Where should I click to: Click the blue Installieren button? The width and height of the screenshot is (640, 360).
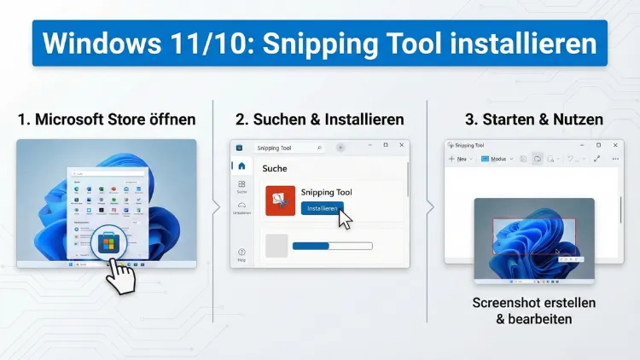coord(321,207)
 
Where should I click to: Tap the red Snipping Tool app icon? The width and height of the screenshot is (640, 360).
coord(280,200)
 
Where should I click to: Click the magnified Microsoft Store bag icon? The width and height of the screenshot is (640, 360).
coord(107,243)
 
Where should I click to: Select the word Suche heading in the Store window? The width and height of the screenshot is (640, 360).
coord(275,168)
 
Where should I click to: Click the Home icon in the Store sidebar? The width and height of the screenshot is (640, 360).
coord(241,165)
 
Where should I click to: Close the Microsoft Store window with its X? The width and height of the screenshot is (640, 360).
coord(401,146)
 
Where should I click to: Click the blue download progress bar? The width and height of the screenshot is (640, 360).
coord(332,246)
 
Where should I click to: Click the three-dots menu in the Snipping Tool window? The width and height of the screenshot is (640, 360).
coord(613,159)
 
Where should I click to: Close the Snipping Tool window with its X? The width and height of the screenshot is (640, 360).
coord(614,145)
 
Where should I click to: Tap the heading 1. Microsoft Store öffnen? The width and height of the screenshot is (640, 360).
coord(107,119)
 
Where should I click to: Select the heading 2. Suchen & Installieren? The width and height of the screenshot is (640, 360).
coord(320,119)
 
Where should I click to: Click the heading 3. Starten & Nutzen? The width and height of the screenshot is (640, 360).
coord(534,119)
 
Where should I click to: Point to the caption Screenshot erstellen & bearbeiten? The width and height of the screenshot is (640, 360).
coord(534,311)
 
